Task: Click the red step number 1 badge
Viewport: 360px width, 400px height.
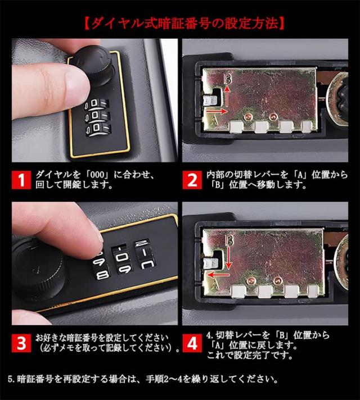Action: (x=21, y=180)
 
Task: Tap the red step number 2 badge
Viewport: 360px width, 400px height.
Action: (x=192, y=180)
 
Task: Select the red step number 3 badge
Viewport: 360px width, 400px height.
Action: (x=21, y=343)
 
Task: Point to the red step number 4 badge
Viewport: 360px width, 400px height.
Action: (x=192, y=343)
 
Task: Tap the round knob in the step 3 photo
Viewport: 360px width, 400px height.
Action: (x=38, y=269)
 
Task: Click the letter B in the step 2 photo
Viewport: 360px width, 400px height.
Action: (x=227, y=79)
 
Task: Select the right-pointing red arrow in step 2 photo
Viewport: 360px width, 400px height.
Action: (x=217, y=111)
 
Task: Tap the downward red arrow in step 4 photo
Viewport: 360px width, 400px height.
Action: (x=229, y=258)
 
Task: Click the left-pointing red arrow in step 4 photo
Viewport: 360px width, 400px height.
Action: (x=218, y=275)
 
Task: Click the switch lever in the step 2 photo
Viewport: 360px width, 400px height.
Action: (x=210, y=100)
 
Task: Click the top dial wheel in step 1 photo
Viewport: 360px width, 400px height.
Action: (x=97, y=104)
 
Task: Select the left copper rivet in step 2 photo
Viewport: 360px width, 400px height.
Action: (x=247, y=117)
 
